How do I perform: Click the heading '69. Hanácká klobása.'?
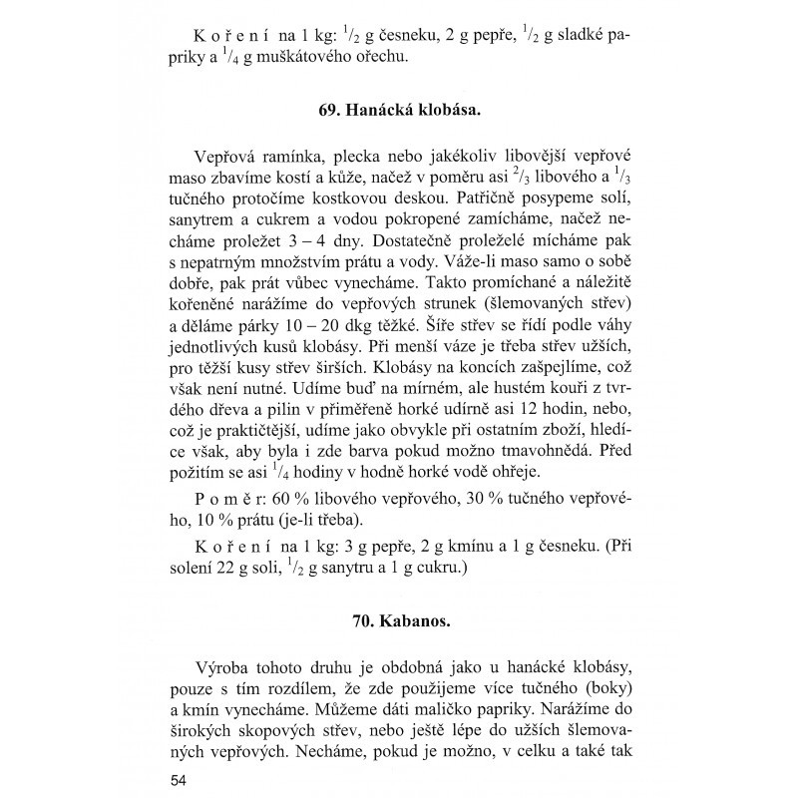tap(399, 111)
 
